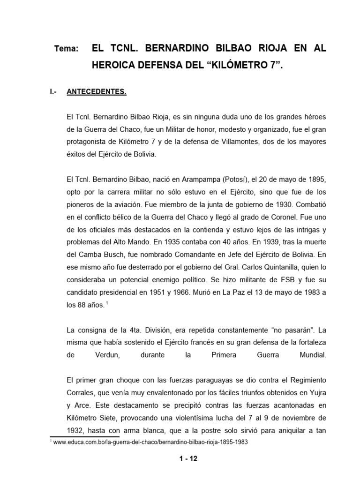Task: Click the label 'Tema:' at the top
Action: [x=66, y=49]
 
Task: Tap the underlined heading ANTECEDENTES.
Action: [x=96, y=92]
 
